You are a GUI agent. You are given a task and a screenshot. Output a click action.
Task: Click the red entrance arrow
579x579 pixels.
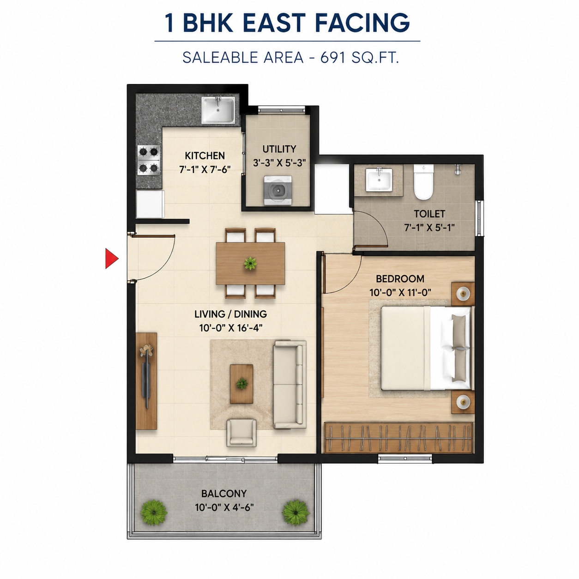pyautogui.click(x=111, y=258)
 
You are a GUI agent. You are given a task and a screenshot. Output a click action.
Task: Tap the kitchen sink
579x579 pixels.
pyautogui.click(x=218, y=110)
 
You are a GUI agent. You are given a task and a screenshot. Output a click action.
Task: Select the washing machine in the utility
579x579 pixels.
pyautogui.click(x=277, y=191)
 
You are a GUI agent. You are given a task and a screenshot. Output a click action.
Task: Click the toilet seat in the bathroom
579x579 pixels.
pyautogui.click(x=423, y=182)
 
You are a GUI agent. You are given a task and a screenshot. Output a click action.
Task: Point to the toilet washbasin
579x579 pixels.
pyautogui.click(x=379, y=180)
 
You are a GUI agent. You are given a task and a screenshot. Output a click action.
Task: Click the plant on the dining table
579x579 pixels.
pyautogui.click(x=250, y=263)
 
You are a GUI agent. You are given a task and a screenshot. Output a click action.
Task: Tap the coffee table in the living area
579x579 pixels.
pyautogui.click(x=241, y=384)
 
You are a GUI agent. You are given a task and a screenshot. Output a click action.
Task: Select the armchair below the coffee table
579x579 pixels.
pyautogui.click(x=241, y=433)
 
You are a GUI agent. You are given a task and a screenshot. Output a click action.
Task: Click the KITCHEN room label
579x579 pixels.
pyautogui.click(x=205, y=156)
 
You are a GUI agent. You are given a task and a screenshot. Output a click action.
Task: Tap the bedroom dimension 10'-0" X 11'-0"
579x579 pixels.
pyautogui.click(x=400, y=292)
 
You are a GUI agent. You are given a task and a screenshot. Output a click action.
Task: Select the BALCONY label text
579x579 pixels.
pyautogui.click(x=224, y=494)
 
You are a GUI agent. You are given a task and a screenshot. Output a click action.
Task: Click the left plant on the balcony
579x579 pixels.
pyautogui.click(x=154, y=513)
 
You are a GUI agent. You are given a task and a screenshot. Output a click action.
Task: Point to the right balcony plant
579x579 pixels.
pyautogui.click(x=296, y=513)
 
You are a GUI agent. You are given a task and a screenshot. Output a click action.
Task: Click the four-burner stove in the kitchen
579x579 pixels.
pyautogui.click(x=149, y=160)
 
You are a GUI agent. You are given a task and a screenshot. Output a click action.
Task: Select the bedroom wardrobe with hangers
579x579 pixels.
pyautogui.click(x=398, y=437)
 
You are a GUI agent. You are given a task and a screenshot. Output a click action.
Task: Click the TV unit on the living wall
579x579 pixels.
pyautogui.click(x=146, y=381)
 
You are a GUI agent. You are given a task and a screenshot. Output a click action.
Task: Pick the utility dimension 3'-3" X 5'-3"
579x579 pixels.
pyautogui.click(x=279, y=163)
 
